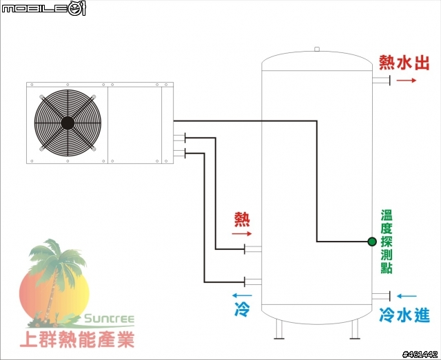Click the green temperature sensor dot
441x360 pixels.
pyautogui.click(x=372, y=242)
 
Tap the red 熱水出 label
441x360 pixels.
pyautogui.click(x=404, y=63)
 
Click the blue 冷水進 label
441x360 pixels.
pyautogui.click(x=404, y=315)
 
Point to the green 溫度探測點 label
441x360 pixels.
pyautogui.click(x=387, y=242)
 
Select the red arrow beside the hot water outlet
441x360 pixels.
pyautogui.click(x=406, y=81)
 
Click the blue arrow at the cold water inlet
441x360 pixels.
pyautogui.click(x=407, y=296)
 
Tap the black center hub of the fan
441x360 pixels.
pyautogui.click(x=68, y=123)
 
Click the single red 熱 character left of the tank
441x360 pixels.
pyautogui.click(x=242, y=220)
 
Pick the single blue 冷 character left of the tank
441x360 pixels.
pyautogui.click(x=242, y=308)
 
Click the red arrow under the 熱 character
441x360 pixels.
pyautogui.click(x=242, y=233)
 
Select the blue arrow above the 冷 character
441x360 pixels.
pyautogui.click(x=242, y=295)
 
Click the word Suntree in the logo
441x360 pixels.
pyautogui.click(x=109, y=319)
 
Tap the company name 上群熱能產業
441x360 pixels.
pyautogui.click(x=77, y=339)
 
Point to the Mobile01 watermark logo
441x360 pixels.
pyautogui.click(x=43, y=9)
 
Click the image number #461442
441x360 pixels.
pyautogui.click(x=420, y=354)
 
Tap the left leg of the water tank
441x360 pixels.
pyautogui.click(x=279, y=329)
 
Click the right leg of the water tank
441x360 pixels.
pyautogui.click(x=355, y=329)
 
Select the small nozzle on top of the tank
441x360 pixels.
pyautogui.click(x=317, y=49)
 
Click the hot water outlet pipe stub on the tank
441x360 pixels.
pyautogui.click(x=381, y=81)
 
